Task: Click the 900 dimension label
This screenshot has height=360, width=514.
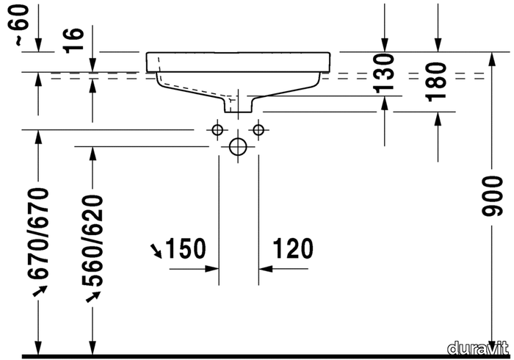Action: [492, 196]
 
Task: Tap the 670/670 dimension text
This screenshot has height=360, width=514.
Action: [39, 234]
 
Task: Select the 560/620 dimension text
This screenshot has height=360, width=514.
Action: [93, 240]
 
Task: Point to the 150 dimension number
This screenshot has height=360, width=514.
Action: [186, 248]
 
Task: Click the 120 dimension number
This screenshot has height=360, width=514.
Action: [293, 248]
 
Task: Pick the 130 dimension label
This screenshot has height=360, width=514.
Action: [384, 73]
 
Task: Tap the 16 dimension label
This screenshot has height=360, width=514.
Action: [73, 40]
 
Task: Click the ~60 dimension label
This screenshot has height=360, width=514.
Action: [21, 24]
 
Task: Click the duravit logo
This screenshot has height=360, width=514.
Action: [477, 348]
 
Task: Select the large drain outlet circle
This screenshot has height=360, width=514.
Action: [238, 146]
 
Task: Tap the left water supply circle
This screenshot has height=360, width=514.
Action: [217, 130]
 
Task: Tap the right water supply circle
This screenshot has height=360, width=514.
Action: [258, 130]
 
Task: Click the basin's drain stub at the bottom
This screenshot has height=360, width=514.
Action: [238, 104]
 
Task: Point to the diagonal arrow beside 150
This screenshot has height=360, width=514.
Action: [156, 251]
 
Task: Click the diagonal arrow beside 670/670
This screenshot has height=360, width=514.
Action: [40, 291]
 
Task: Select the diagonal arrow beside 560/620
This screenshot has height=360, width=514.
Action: [93, 297]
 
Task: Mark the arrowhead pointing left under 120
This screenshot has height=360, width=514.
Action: [266, 269]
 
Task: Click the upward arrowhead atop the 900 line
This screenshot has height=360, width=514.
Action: [491, 59]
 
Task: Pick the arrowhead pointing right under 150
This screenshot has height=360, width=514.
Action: [211, 269]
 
